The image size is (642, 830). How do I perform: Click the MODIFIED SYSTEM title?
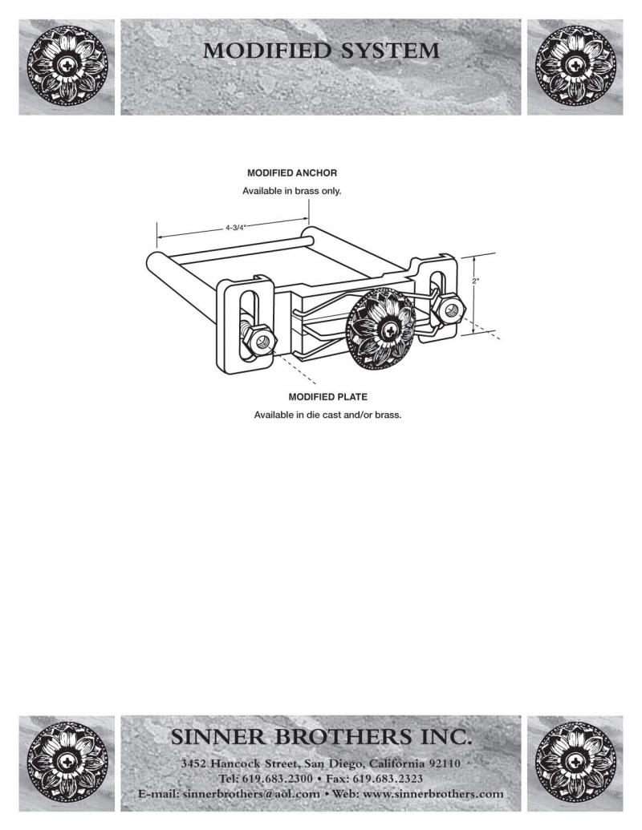point(321,51)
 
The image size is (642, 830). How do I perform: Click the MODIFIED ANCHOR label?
point(292,172)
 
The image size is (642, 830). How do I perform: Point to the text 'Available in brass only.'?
point(292,192)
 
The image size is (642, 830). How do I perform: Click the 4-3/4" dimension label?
point(234,228)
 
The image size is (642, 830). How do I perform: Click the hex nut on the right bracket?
point(450,310)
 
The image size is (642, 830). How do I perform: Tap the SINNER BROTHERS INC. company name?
point(321,736)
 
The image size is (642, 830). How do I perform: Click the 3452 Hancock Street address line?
point(321,763)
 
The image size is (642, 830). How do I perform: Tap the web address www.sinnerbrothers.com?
point(433,794)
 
